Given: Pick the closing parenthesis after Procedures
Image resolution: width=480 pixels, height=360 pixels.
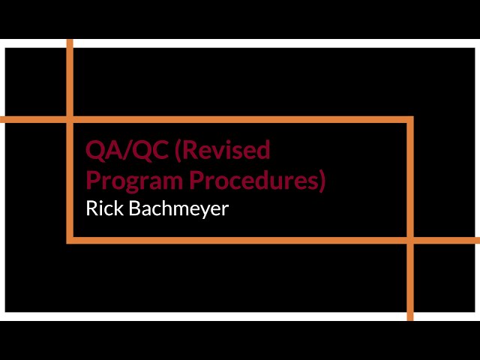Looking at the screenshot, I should tap(322, 181).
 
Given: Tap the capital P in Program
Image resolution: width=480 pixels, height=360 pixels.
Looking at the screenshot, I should tap(93, 181).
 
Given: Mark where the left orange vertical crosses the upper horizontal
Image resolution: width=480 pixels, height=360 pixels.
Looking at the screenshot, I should tap(70, 119).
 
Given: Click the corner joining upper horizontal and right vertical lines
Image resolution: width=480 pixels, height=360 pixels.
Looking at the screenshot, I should tap(410, 119).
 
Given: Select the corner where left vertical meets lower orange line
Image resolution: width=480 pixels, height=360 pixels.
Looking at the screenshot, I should tap(70, 240).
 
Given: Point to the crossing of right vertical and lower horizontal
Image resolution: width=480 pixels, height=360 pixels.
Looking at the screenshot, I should tap(410, 240).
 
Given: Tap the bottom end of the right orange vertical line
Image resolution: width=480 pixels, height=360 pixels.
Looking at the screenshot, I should tap(410, 319).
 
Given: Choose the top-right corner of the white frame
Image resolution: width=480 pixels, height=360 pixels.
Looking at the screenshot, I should tap(476, 44).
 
